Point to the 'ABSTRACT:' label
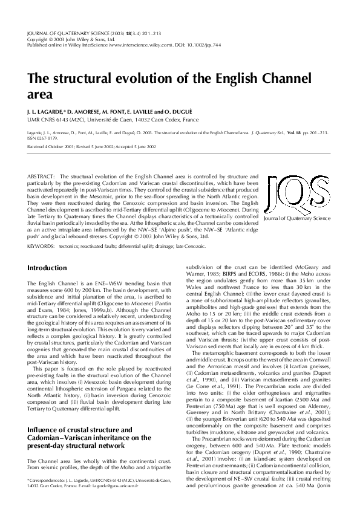[41, 176]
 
